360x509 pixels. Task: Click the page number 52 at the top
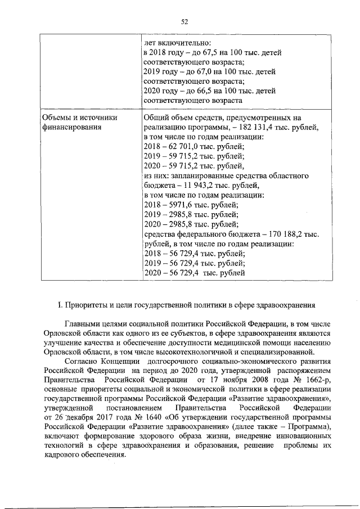183,22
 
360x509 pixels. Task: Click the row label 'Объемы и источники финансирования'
79,122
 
